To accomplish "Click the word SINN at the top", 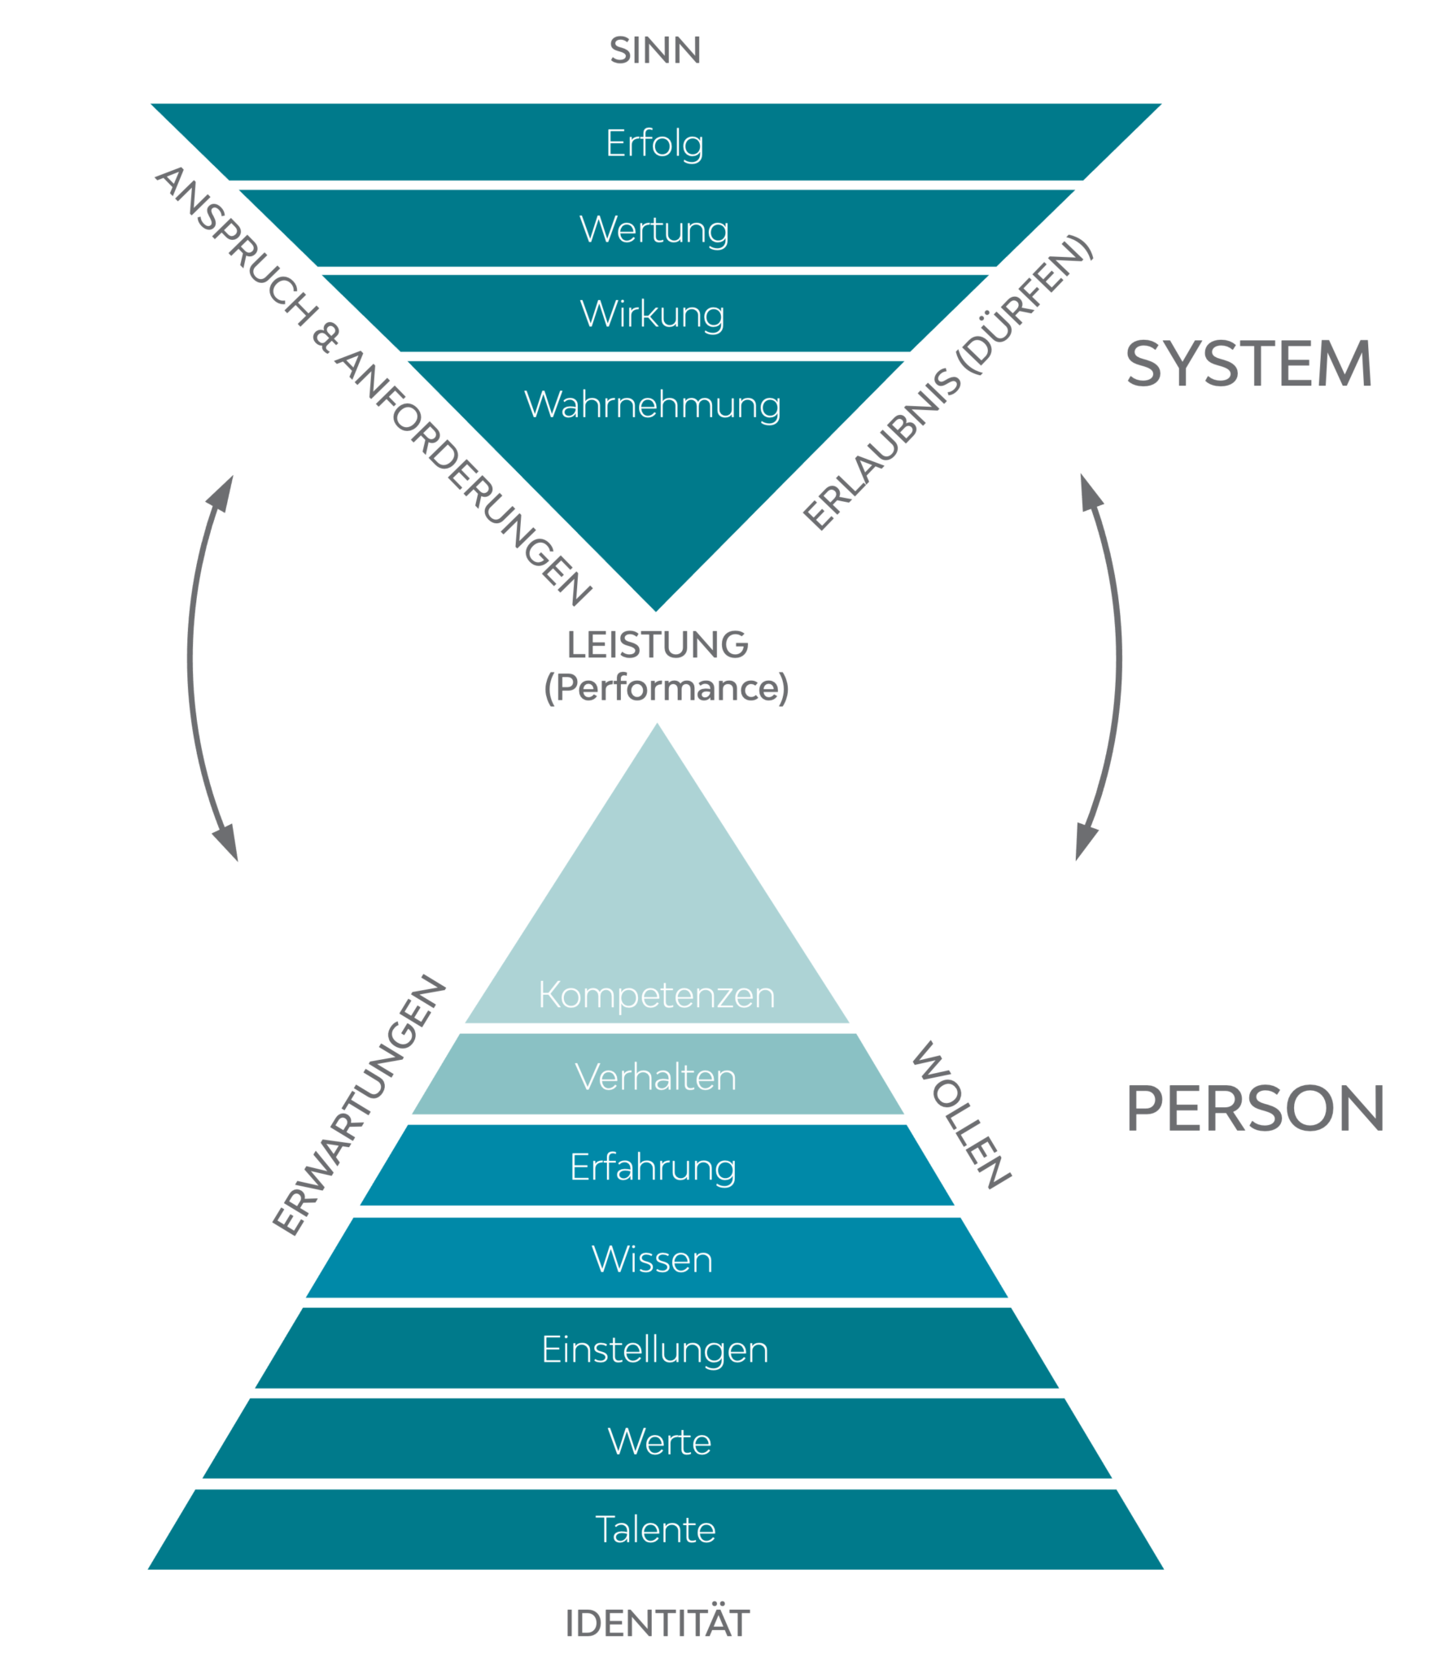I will (655, 50).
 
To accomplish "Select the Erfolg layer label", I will (654, 144).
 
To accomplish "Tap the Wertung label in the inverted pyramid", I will (654, 229).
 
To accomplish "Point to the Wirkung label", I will (653, 315).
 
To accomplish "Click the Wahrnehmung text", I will (653, 405).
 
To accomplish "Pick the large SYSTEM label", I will (1249, 364).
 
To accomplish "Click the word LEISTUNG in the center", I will (658, 645).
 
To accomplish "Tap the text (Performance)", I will (667, 688).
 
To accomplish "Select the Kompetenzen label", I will (657, 995).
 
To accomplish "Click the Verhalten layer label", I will (656, 1078).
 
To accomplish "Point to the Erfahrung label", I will (654, 1168).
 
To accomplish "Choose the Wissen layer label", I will (653, 1259).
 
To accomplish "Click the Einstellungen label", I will (655, 1350).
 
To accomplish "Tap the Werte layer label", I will (660, 1442).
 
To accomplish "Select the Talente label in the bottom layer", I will (656, 1530).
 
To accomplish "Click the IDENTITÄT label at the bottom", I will (657, 1624).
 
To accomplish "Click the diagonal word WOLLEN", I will (961, 1114).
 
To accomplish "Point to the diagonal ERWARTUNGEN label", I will (359, 1104).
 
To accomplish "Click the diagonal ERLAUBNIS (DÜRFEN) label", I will (948, 382).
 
